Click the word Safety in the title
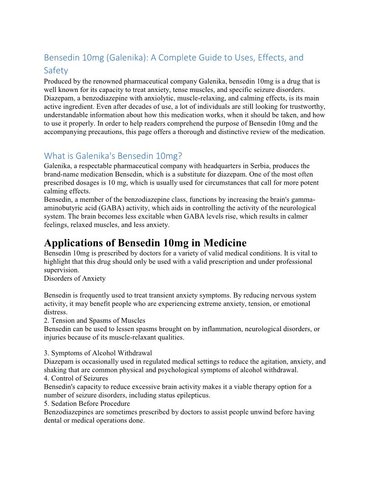pos(56,70)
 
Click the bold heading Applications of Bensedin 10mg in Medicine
pos(145,242)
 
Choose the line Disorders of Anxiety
pos(75,279)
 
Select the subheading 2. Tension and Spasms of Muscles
pos(95,321)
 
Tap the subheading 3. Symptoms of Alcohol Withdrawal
pos(98,353)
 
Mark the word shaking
pos(56,370)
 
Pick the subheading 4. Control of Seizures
pos(76,378)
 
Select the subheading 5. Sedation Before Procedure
pos(87,403)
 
